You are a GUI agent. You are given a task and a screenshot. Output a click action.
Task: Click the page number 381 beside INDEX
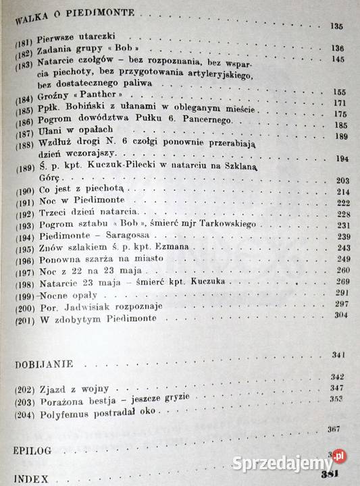330,477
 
